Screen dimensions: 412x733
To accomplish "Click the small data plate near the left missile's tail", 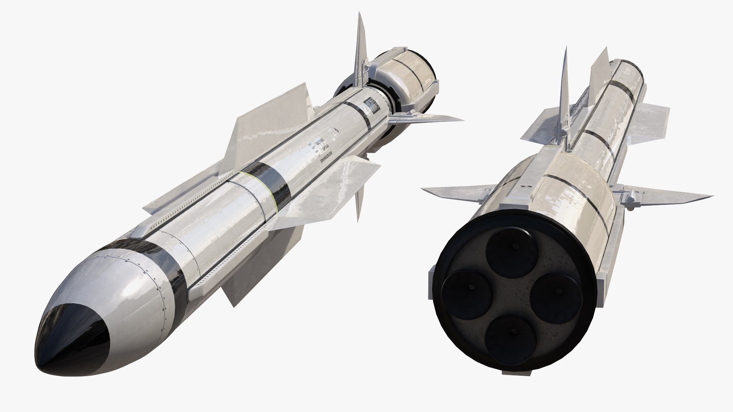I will (370, 105).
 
